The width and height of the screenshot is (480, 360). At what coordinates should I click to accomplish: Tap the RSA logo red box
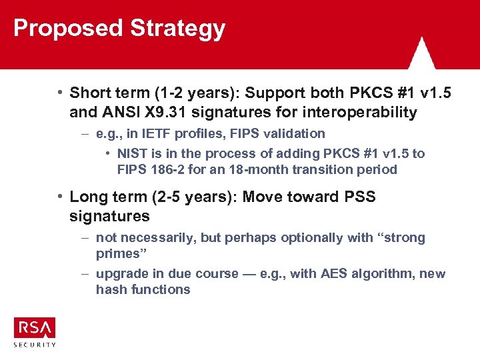click(x=35, y=327)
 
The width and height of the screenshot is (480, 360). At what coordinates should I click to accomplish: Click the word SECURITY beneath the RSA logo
click(x=35, y=345)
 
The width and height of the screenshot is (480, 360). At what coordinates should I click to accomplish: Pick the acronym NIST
click(x=132, y=153)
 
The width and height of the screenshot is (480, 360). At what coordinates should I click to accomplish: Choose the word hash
click(x=110, y=289)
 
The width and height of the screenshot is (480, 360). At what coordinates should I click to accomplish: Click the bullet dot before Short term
click(x=60, y=91)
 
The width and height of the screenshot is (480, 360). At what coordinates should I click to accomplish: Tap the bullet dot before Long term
click(x=60, y=196)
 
